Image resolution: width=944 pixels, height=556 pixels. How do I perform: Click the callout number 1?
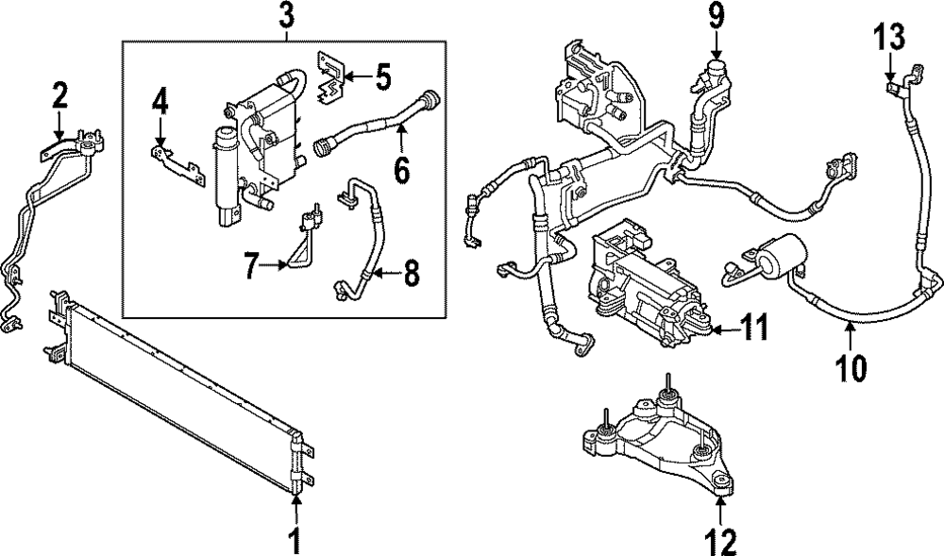(295, 540)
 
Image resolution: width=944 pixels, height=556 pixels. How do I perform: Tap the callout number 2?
(59, 94)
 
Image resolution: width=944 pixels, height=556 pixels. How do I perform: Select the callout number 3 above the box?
(286, 16)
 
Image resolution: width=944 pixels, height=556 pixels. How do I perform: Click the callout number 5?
(382, 76)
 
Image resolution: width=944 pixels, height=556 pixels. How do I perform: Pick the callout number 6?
(402, 169)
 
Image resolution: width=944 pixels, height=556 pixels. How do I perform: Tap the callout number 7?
(249, 266)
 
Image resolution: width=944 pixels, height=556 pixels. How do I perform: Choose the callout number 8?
(412, 276)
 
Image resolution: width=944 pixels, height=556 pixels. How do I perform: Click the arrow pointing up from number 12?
(721, 508)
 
